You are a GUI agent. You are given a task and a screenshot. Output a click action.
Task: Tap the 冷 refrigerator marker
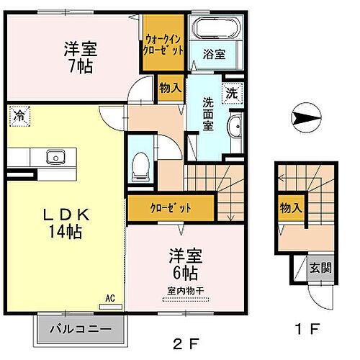pos(19,115)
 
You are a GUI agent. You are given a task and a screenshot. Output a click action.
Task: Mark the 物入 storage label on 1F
pos(291,207)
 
